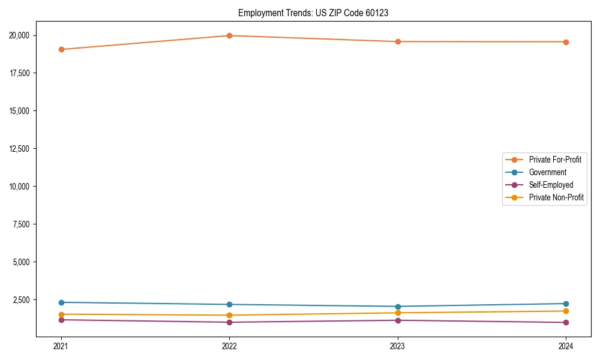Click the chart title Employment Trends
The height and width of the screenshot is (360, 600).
click(313, 13)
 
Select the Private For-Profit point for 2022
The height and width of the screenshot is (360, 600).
click(229, 35)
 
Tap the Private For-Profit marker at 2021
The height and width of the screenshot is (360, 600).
click(61, 49)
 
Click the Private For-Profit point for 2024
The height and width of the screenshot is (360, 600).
click(566, 42)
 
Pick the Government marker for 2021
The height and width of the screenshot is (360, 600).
click(61, 302)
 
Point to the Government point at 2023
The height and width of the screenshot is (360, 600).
click(397, 307)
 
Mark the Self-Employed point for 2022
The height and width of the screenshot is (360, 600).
click(229, 322)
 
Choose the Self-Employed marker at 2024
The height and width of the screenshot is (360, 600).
click(566, 323)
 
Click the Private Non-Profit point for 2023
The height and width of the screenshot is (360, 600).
click(397, 313)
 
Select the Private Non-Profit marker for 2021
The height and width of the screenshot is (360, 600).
click(61, 314)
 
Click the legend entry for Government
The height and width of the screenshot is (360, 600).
click(547, 172)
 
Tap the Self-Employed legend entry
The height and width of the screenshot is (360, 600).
click(551, 185)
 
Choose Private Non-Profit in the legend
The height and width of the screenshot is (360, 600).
click(556, 197)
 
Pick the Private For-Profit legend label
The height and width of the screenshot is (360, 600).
click(555, 160)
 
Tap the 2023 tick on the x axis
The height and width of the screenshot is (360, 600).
click(397, 346)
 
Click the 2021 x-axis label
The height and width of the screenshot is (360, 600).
click(61, 346)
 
